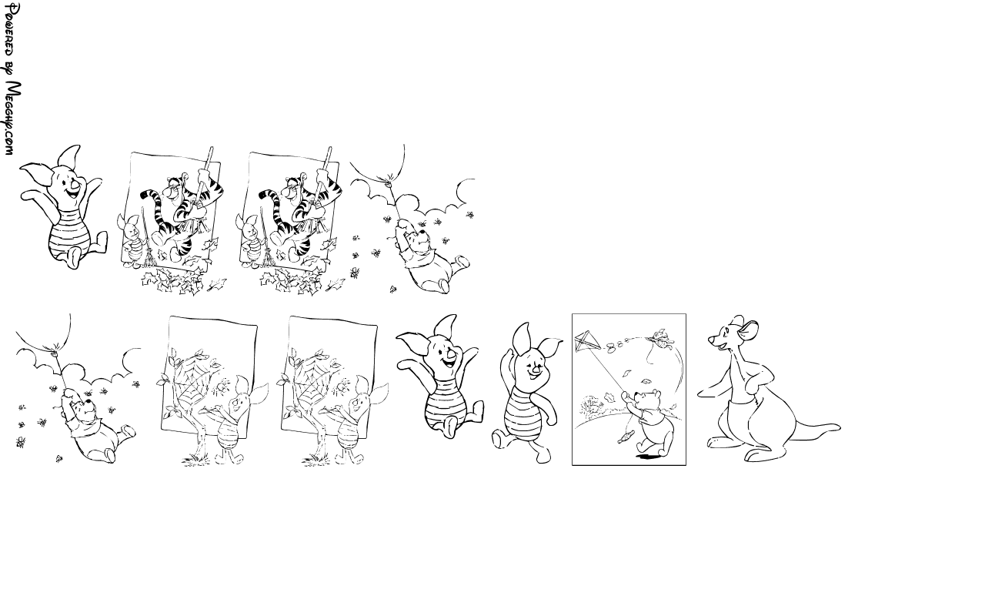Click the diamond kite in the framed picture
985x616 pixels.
tap(588, 341)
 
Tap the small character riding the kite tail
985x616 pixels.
tap(661, 337)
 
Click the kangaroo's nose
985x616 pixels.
tap(710, 340)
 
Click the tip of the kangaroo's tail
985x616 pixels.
tap(839, 427)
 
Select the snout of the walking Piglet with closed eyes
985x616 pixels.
tap(536, 369)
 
